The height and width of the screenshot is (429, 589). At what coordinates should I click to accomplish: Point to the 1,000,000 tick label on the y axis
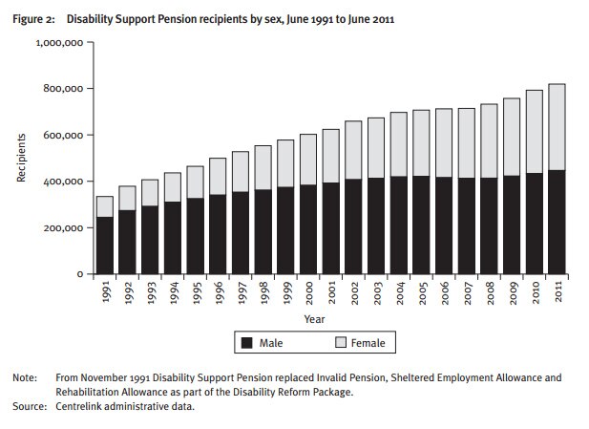62,42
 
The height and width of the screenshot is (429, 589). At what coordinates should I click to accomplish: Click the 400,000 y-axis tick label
66,182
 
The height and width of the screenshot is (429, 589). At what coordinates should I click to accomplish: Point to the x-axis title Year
315,319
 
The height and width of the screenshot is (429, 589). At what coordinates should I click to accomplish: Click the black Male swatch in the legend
245,341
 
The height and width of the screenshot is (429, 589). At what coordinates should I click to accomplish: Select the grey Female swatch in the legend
340,341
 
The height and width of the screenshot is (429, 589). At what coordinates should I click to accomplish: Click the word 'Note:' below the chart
24,377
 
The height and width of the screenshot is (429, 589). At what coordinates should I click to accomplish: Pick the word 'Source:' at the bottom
29,408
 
